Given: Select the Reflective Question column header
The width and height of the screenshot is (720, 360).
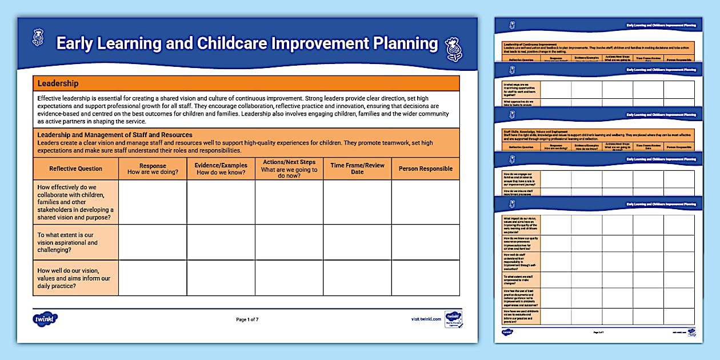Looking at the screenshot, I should coord(75,169).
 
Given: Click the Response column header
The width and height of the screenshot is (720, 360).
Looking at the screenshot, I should coord(153,169).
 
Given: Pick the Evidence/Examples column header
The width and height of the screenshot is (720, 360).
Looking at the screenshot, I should coord(221,169).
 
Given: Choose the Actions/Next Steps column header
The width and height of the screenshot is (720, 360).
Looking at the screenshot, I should coord(289,169).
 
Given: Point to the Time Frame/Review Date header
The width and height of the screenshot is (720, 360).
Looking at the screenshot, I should coord(357,169).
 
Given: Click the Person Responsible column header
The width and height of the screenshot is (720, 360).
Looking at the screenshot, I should coord(425,169).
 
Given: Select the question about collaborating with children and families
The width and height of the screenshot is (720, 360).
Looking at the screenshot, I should coord(75,202).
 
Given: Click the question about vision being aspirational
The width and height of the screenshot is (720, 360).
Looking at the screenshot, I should coord(67,242).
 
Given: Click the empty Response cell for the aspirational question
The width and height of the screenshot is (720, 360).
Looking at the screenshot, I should coord(153,242).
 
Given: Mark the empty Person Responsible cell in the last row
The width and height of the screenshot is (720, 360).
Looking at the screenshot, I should coord(425,278).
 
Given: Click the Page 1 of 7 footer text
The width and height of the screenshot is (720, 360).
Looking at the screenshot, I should coord(247,319).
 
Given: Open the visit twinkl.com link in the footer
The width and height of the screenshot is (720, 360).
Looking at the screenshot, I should coord(426,319).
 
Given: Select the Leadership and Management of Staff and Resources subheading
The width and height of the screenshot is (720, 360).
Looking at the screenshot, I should coord(115,135).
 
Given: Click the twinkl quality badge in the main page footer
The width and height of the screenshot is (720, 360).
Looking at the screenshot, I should coord(454,319).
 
